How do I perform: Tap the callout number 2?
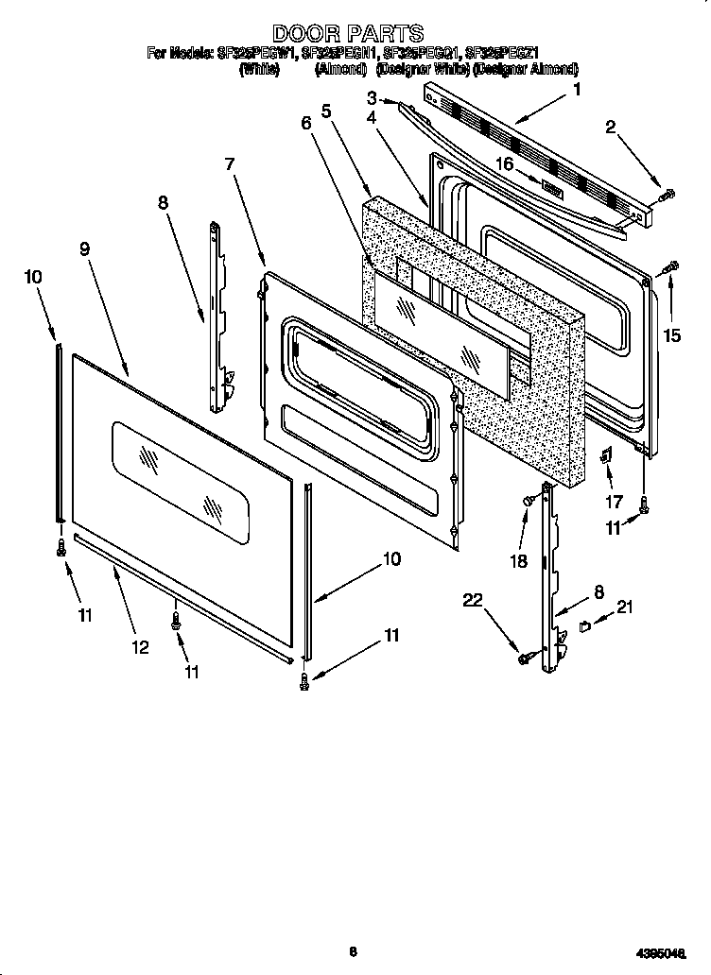612,129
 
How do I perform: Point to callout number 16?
505,162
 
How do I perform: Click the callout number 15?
671,334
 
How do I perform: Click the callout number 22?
473,599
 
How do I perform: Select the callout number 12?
139,647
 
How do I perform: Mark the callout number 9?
85,249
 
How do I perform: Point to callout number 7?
230,163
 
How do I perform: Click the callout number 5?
326,111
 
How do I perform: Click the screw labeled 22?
525,658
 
